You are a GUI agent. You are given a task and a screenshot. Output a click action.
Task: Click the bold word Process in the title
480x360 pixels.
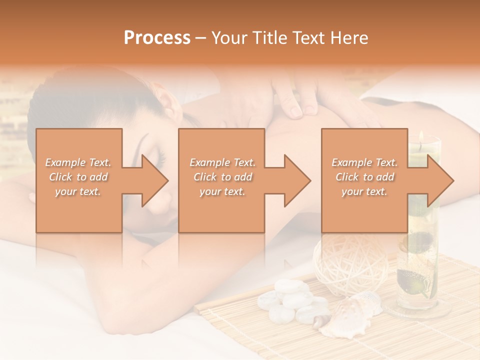(157, 37)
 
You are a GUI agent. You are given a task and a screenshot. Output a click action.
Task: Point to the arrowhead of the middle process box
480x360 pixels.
(296, 180)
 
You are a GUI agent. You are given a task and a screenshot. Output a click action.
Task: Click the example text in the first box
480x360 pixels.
(78, 176)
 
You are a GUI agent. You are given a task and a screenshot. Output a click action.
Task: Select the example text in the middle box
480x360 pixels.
(222, 176)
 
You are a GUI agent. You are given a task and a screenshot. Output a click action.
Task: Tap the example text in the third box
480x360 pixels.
(364, 176)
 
